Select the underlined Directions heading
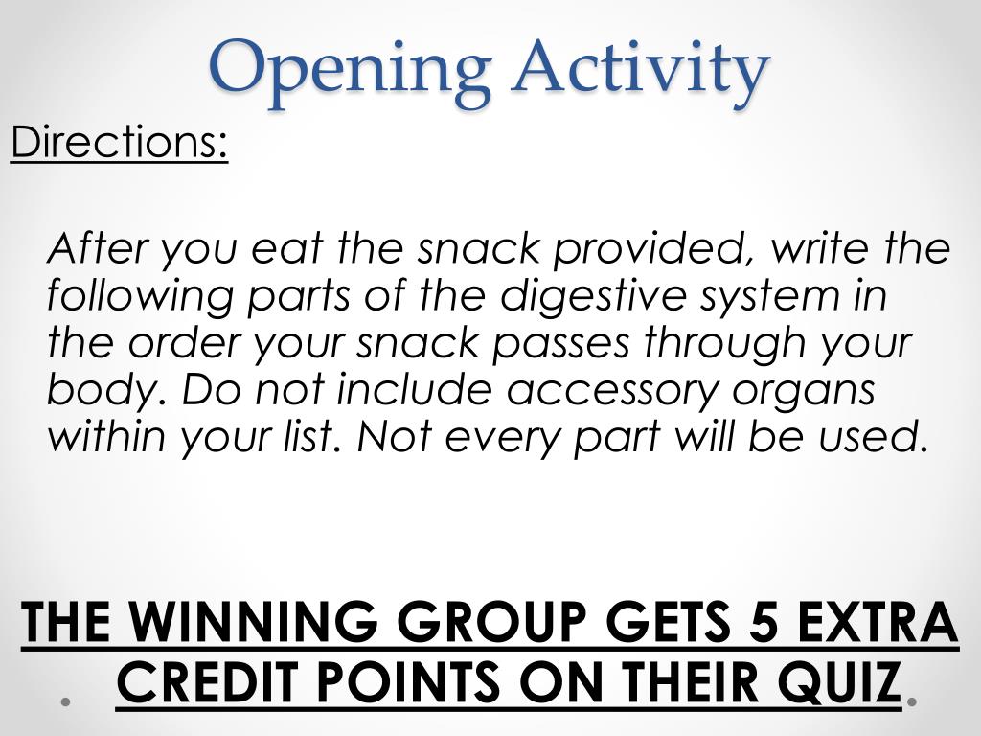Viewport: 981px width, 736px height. (119, 143)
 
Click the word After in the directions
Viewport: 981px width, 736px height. (97, 249)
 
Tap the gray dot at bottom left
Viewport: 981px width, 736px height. (66, 701)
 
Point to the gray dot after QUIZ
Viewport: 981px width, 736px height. (912, 701)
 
